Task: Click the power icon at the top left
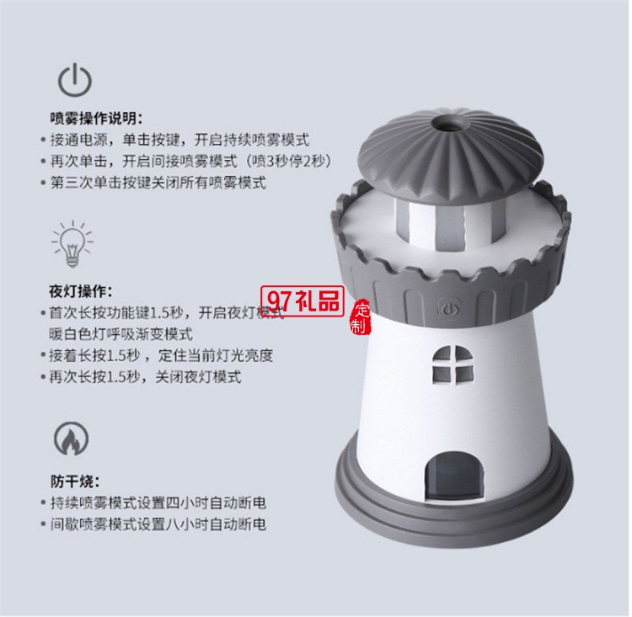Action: pos(75,79)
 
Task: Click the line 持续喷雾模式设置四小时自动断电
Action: pos(155,503)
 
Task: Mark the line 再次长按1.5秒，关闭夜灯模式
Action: pos(142,377)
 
